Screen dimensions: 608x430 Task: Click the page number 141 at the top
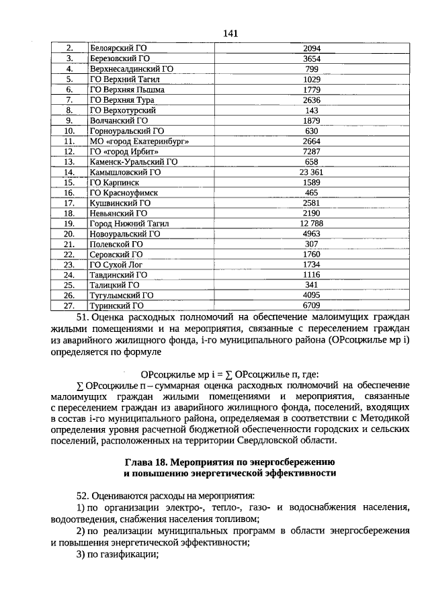[x=230, y=33]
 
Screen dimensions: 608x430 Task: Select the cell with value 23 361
[x=312, y=172]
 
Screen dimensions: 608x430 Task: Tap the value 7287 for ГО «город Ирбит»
[x=312, y=152]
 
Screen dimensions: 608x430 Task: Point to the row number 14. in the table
[x=69, y=172]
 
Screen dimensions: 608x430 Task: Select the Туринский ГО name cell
[x=117, y=305]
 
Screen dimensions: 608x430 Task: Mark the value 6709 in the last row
[x=312, y=305]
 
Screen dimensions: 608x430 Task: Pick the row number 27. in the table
[x=69, y=305]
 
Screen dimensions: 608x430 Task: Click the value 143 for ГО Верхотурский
[x=312, y=110]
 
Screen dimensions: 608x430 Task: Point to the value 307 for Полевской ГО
[x=312, y=244]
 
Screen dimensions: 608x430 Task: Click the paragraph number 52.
[x=83, y=494]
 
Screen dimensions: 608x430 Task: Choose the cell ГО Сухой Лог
[x=116, y=264]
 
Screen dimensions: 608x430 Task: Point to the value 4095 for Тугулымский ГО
[x=312, y=295]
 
